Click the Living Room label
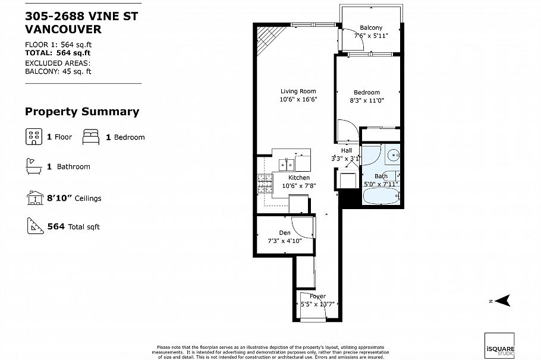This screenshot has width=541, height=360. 298,91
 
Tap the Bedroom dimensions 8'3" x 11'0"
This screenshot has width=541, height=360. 367,100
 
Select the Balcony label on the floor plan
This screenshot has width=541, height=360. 371,27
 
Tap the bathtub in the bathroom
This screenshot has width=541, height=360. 381,195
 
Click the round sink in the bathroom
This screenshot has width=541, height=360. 392,156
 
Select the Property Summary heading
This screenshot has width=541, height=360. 82,112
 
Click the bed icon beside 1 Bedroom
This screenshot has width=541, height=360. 91,137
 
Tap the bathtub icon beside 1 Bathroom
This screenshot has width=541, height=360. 33,166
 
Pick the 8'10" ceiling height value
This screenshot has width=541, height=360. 59,198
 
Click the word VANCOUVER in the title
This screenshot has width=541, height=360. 64,29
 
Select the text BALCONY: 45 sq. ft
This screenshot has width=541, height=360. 58,71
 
